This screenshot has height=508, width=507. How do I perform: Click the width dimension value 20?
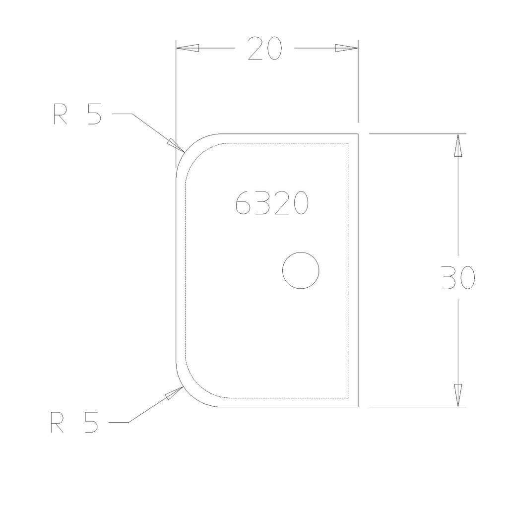[x=265, y=49]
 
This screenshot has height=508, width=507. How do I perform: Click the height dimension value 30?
[x=458, y=277]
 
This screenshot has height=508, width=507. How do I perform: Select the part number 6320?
[x=272, y=203]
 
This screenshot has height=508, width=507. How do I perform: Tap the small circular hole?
[x=300, y=270]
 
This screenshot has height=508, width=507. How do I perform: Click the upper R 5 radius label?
[x=77, y=114]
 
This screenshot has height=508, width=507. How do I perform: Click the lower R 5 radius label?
[x=74, y=423]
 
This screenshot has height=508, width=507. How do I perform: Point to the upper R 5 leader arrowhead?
[x=175, y=143]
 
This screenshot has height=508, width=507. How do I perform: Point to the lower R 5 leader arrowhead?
[x=174, y=393]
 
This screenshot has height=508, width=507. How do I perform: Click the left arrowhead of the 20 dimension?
[x=188, y=48]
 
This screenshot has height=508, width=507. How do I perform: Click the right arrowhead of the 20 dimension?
[x=346, y=48]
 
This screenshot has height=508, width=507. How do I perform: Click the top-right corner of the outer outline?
[x=358, y=134]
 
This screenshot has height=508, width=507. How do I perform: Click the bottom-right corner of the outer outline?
[x=358, y=406]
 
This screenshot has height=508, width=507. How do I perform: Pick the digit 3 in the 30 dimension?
[x=448, y=277]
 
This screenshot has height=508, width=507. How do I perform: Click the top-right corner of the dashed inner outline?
[x=350, y=143]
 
